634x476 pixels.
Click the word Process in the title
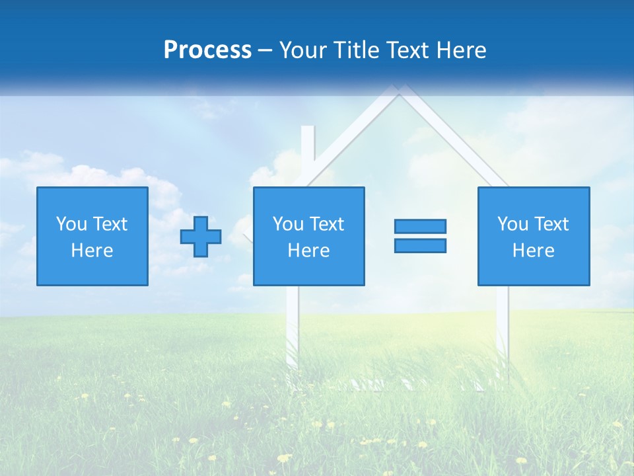click(207, 50)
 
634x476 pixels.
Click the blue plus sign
click(201, 237)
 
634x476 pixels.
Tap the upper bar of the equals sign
click(420, 226)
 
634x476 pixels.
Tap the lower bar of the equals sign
click(420, 246)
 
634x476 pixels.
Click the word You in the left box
click(71, 224)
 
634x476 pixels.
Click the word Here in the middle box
click(309, 251)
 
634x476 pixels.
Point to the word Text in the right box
click(552, 224)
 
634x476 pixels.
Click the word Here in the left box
click(92, 251)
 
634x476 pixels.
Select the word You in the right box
click(512, 224)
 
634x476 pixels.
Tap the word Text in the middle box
click(328, 224)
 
